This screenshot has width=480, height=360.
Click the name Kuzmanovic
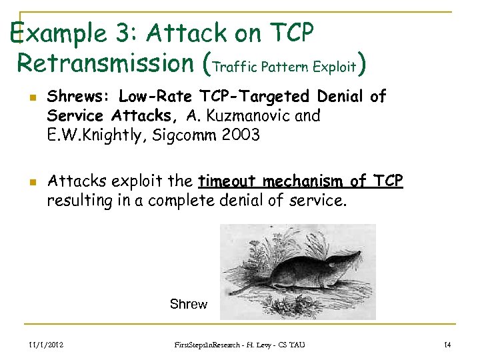point(250,116)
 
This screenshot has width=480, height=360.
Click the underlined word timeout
point(227,181)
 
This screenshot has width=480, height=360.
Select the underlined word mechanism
point(303,181)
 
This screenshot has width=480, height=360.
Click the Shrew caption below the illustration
point(189,305)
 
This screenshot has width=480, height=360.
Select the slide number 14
point(447,344)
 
